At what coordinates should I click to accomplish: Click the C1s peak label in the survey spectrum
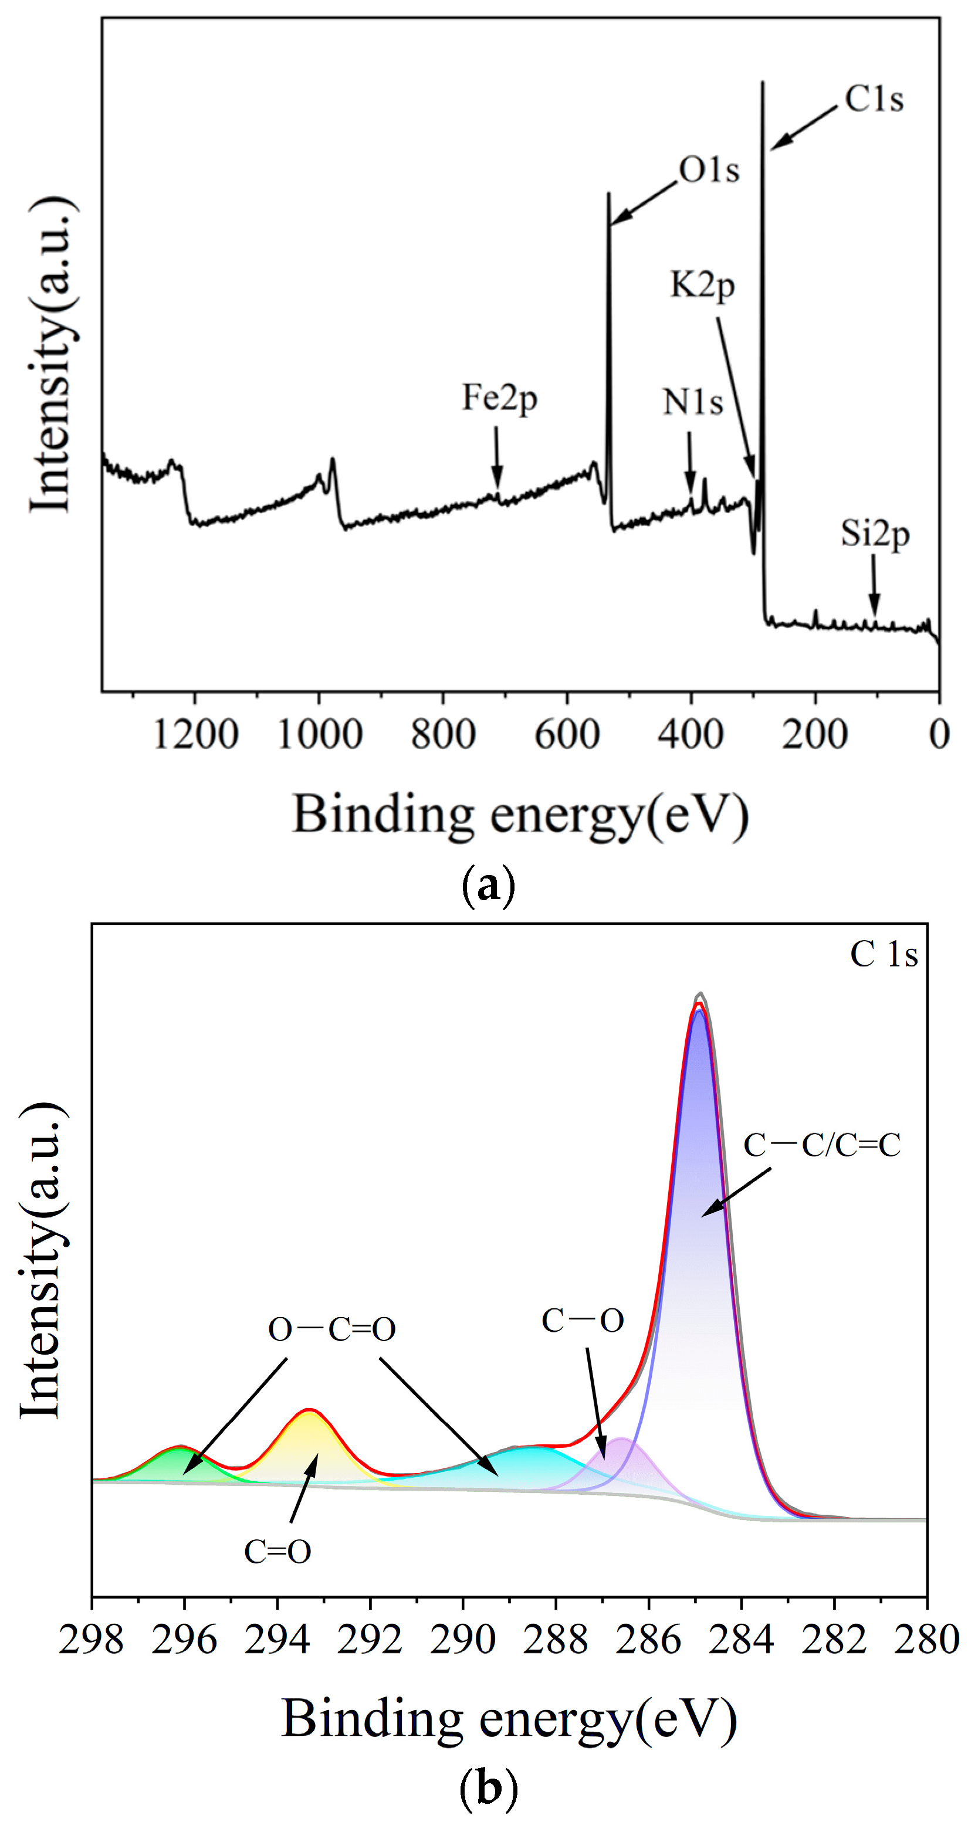tap(874, 99)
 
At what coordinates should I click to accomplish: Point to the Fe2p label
tap(500, 398)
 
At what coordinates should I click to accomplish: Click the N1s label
tap(693, 402)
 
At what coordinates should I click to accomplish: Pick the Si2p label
tap(875, 534)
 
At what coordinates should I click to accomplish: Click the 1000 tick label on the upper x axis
tap(320, 735)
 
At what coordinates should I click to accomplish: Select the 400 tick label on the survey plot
tap(691, 735)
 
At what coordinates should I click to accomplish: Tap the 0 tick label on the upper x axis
tap(939, 735)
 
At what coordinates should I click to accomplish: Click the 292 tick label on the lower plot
tap(370, 1640)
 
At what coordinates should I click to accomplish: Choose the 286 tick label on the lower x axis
tap(648, 1640)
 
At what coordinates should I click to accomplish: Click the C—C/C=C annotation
tap(821, 1145)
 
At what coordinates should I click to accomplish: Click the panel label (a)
tap(488, 885)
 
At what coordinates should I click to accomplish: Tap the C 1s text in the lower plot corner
tap(884, 954)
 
